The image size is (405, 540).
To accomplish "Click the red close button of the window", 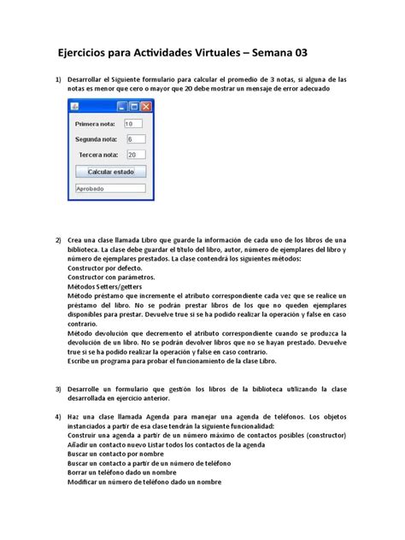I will (x=147, y=106).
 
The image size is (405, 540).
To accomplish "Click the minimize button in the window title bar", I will (x=122, y=106).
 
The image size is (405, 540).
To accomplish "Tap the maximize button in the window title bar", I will (x=134, y=106).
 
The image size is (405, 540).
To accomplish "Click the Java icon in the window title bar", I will (x=74, y=106).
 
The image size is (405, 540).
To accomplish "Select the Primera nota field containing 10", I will (x=132, y=123).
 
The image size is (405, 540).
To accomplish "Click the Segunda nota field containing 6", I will (x=135, y=138).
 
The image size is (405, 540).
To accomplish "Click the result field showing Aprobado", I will (x=110, y=188).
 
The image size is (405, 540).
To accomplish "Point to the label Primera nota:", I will (x=95, y=123).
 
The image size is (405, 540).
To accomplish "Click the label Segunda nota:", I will (x=96, y=138).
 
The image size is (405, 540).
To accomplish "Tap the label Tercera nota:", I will (x=97, y=155).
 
